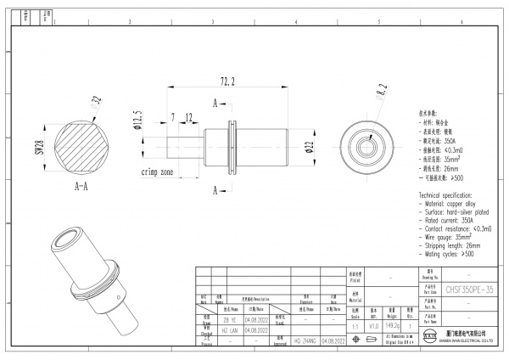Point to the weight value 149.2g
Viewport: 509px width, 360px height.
[392, 323]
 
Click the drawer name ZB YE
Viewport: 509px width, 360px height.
[230, 321]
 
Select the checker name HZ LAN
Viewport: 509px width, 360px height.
[230, 329]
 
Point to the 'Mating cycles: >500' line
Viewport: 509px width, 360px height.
[446, 253]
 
